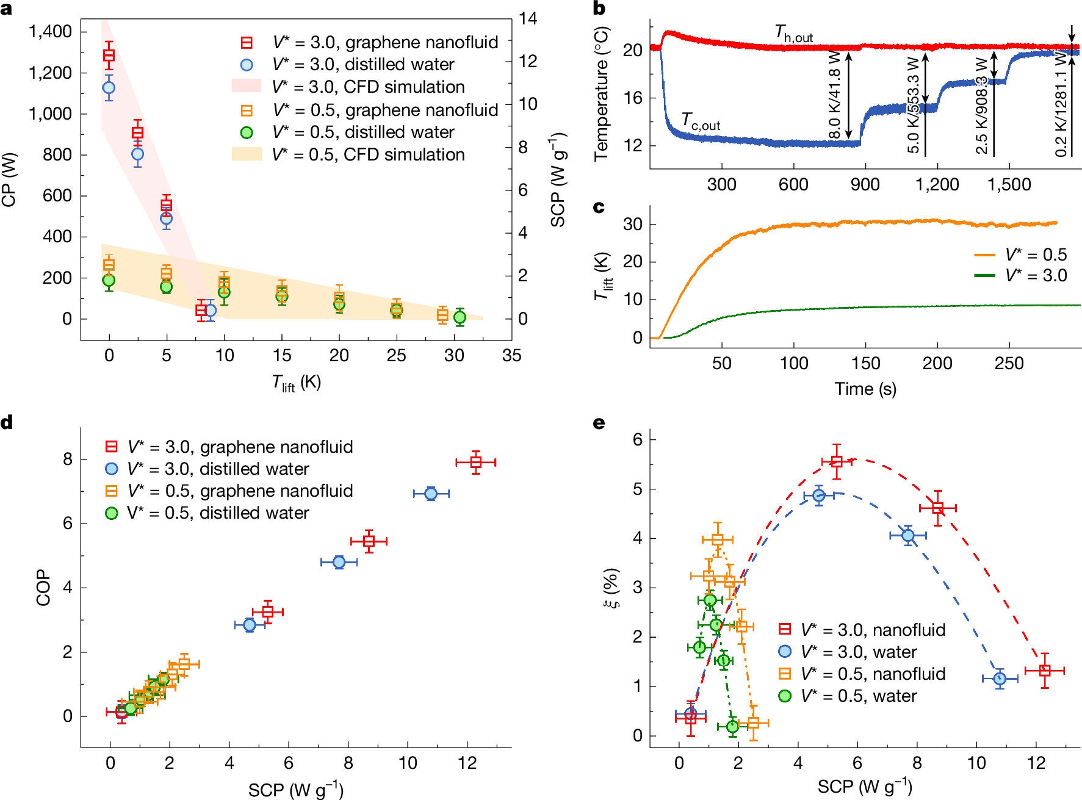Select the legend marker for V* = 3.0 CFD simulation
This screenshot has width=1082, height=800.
point(246,86)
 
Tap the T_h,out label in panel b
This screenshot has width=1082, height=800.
point(793,34)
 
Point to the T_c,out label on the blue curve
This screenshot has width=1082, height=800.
point(700,121)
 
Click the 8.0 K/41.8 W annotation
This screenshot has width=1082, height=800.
point(834,95)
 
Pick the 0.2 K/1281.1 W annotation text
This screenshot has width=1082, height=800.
point(1061,104)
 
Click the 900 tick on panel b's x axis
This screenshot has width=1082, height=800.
point(865,184)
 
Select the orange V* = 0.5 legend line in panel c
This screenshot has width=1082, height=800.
point(984,255)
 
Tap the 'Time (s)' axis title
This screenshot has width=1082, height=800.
point(865,389)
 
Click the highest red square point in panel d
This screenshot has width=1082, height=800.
point(476,462)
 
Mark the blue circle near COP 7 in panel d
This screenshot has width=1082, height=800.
point(431,493)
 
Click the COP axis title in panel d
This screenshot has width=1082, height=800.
point(43,587)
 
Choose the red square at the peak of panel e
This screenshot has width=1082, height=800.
point(837,461)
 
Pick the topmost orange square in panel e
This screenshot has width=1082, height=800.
point(718,539)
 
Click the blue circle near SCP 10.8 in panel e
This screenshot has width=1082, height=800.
point(1000,679)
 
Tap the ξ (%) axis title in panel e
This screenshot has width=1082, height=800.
point(611,587)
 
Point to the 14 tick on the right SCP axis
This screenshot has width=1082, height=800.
point(528,18)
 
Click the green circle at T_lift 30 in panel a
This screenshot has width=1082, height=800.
point(460,317)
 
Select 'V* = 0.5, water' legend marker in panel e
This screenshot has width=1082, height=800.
point(785,696)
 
